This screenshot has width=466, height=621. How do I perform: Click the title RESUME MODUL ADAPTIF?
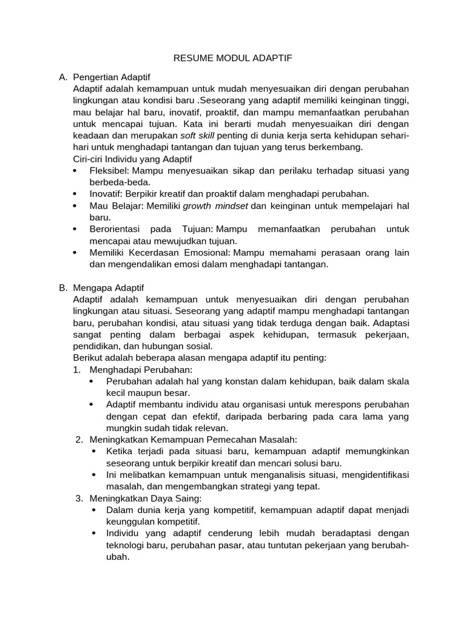(x=233, y=58)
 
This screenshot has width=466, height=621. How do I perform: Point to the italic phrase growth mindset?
(x=215, y=206)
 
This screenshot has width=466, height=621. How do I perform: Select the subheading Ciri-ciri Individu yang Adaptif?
(x=132, y=159)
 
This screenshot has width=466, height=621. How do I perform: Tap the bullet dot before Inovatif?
(x=75, y=194)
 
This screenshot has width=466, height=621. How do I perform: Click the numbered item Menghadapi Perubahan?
(x=141, y=369)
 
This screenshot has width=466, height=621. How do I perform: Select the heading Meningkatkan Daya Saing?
(x=142, y=498)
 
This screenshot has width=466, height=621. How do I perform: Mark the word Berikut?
(x=88, y=358)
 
